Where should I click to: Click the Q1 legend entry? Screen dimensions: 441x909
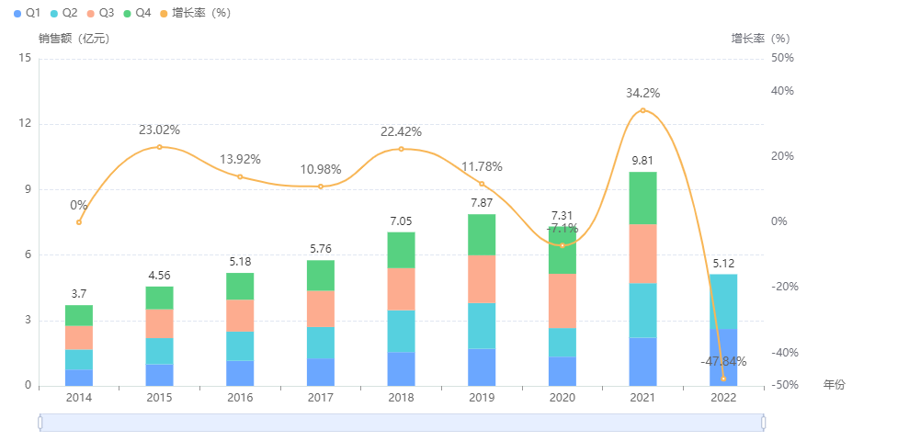[x=27, y=13]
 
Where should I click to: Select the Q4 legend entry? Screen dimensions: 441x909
[x=136, y=13]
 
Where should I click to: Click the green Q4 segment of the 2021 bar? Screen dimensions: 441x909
[x=642, y=198]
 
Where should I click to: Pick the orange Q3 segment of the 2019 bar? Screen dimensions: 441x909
[x=482, y=278]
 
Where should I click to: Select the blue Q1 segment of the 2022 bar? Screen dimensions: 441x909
[x=723, y=357]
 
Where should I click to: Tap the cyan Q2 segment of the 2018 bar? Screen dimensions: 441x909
[x=401, y=331]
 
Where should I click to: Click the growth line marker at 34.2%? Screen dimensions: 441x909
[x=642, y=110]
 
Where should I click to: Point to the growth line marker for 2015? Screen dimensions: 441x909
[x=159, y=147]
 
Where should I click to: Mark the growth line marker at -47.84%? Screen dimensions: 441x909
[x=723, y=379]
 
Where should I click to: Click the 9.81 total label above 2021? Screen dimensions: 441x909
[x=642, y=161]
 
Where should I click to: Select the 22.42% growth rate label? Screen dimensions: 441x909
[x=401, y=131]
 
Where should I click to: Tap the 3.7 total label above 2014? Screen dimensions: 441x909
[x=78, y=294]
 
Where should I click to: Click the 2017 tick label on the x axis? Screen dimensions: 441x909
[x=320, y=398]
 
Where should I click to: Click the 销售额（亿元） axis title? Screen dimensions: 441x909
[x=74, y=39]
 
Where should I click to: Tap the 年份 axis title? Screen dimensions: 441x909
[x=834, y=385]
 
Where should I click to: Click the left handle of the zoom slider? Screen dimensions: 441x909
[x=40, y=422]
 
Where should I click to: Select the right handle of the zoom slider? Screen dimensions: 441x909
[x=764, y=422]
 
